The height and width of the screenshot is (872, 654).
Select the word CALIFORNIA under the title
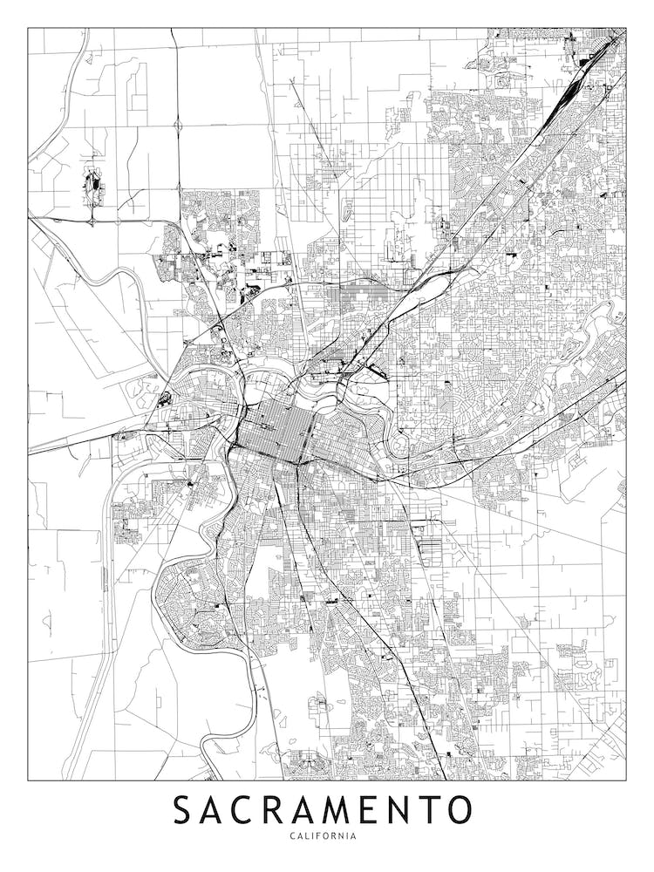(326, 836)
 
